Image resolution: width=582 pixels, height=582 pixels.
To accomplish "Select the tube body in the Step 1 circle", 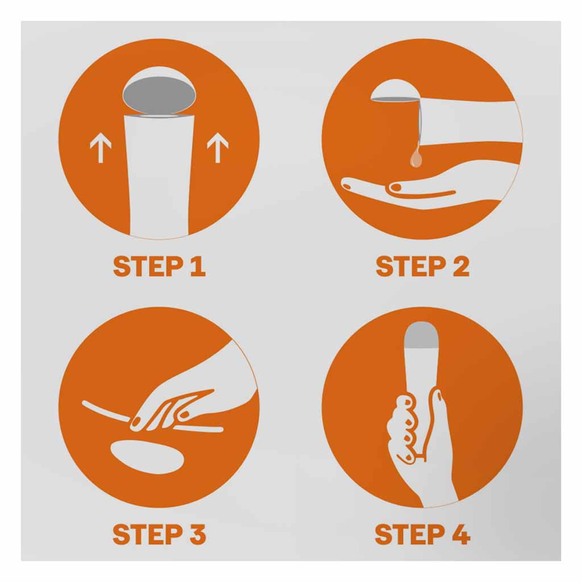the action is pos(159,176).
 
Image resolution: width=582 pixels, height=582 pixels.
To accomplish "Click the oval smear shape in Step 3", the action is pos(147,456).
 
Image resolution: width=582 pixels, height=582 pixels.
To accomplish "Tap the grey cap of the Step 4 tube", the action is pos(421,336).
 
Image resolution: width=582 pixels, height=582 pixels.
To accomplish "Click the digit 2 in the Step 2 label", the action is pos(460,266).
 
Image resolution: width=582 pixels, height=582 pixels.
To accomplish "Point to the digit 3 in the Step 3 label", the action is pos(197,534).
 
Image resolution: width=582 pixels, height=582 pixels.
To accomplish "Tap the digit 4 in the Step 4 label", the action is pos(460,534).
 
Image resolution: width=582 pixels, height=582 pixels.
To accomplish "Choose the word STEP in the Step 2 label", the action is pos(411,266).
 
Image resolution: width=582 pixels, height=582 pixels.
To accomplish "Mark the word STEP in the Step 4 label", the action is pos(410,534).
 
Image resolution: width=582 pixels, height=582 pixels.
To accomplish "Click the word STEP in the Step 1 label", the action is pos(148,266).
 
